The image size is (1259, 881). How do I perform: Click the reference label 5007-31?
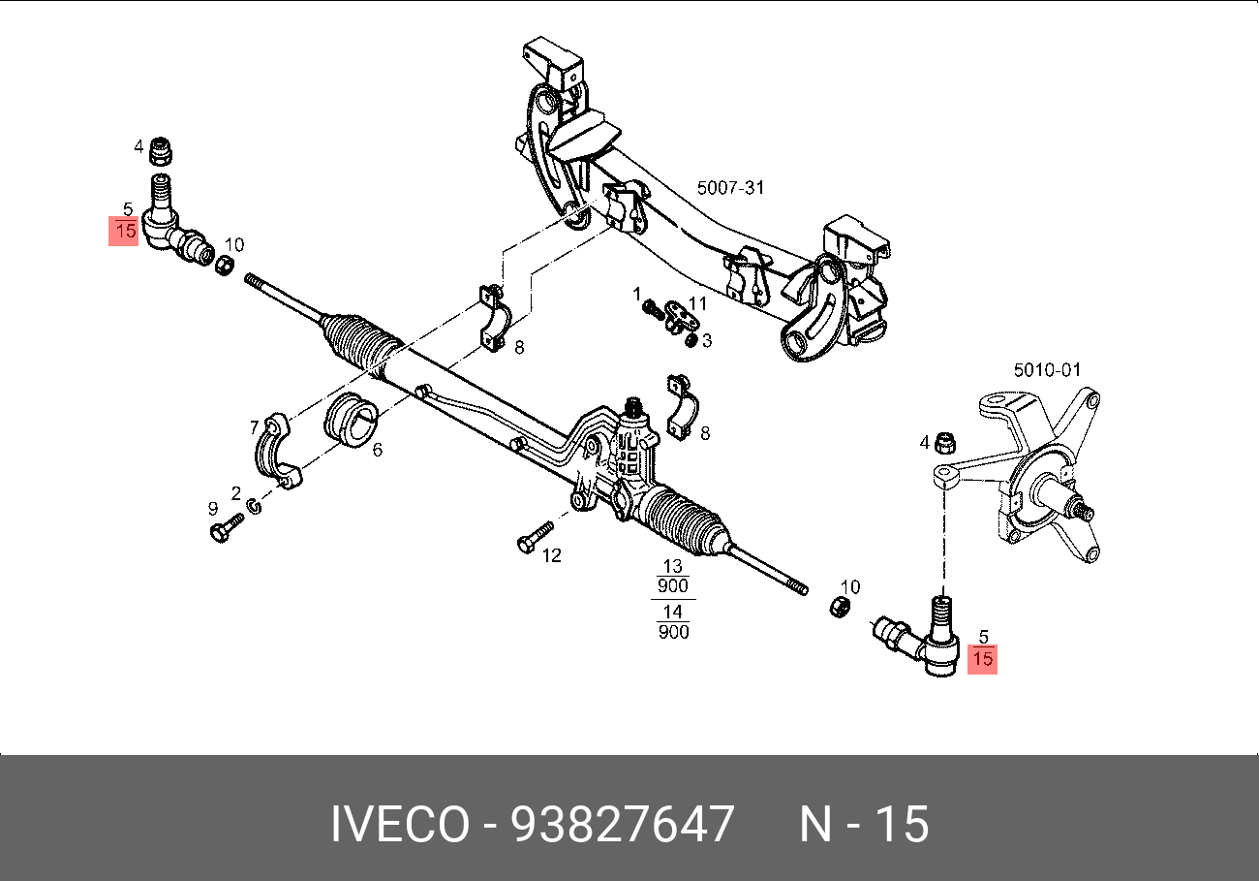pyautogui.click(x=730, y=187)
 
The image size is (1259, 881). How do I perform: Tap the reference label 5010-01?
pyautogui.click(x=1046, y=369)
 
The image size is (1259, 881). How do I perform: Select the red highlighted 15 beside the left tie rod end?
pyautogui.click(x=125, y=231)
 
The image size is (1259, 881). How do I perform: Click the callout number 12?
pyautogui.click(x=551, y=555)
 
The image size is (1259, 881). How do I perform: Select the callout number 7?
pyautogui.click(x=255, y=426)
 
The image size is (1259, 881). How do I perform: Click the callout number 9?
pyautogui.click(x=212, y=508)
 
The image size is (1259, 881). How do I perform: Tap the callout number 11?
pyautogui.click(x=697, y=303)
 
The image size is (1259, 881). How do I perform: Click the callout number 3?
pyautogui.click(x=707, y=340)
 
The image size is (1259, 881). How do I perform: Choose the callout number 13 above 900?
pyautogui.click(x=672, y=566)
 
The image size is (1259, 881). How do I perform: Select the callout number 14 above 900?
pyautogui.click(x=672, y=612)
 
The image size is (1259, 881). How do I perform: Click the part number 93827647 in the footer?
pyautogui.click(x=622, y=825)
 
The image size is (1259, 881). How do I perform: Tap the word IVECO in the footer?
pyautogui.click(x=400, y=825)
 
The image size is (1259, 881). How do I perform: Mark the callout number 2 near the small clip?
pyautogui.click(x=235, y=493)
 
